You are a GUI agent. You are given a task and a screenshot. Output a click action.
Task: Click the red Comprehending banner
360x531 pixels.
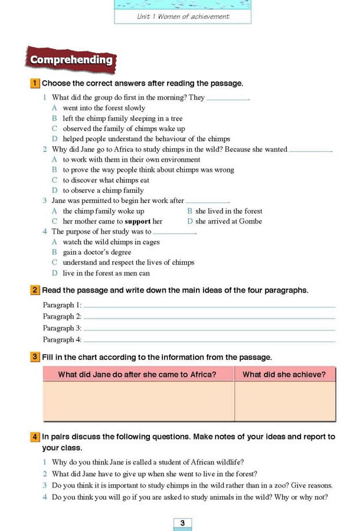71,60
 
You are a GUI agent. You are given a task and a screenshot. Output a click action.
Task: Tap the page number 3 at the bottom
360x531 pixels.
182,523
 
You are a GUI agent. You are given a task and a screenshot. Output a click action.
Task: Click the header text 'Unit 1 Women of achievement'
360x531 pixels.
183,17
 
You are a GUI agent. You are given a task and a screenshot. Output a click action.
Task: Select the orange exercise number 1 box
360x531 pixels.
35,84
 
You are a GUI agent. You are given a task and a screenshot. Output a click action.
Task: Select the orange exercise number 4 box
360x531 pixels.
35,437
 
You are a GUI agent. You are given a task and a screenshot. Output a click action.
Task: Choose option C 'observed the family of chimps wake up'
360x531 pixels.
123,129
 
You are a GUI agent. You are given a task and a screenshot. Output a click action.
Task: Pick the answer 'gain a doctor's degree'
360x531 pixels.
97,252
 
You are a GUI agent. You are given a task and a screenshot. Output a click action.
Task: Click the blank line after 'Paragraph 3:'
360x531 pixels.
210,329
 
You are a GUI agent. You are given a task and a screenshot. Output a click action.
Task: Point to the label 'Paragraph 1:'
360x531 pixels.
62,305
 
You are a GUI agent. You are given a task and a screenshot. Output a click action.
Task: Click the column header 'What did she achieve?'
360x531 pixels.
284,374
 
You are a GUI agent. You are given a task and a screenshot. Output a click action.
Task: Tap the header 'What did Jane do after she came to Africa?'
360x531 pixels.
137,374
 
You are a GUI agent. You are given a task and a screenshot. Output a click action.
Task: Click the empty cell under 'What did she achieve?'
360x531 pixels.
284,401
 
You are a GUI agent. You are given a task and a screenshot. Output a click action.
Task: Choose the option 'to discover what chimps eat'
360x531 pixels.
106,180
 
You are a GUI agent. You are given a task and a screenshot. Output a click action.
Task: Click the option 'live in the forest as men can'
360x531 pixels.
106,273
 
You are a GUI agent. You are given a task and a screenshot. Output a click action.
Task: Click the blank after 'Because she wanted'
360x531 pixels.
310,150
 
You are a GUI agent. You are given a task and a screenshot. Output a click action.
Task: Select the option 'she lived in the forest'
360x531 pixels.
228,211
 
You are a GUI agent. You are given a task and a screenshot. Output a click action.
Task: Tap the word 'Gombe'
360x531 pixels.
250,221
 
